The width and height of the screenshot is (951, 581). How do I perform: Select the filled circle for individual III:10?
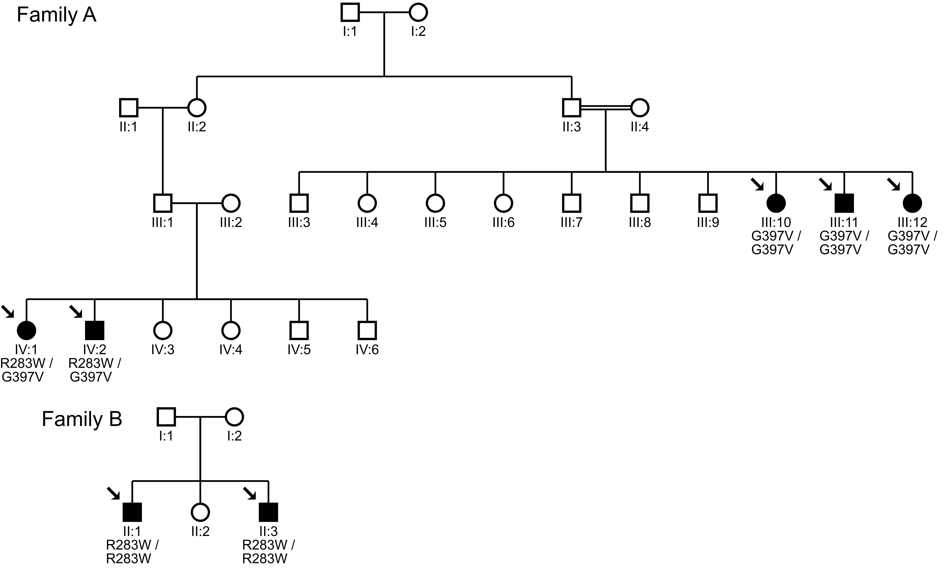[x=776, y=203]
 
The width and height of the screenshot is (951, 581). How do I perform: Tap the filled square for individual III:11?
[x=844, y=203]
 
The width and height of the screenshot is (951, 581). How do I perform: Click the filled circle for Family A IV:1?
[x=27, y=330]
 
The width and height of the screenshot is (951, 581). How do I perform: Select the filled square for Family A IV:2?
[x=95, y=330]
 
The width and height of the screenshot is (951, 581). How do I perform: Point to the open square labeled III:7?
[x=572, y=203]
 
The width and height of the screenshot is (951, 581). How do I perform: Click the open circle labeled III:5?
[x=435, y=203]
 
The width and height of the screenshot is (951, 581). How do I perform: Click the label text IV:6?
[x=367, y=350]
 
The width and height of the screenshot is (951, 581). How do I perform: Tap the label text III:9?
[x=708, y=223]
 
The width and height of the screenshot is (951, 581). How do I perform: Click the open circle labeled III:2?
[x=231, y=203]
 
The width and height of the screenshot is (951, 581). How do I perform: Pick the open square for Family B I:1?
[x=166, y=417]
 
